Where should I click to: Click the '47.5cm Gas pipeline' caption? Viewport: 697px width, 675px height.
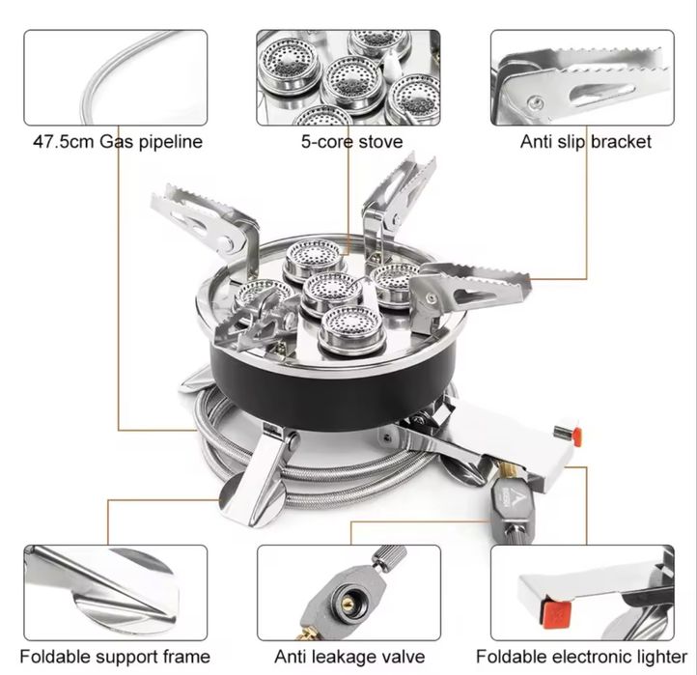[118, 142]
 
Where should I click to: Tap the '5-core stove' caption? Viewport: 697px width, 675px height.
[351, 142]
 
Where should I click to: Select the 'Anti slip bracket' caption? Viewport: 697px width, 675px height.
[585, 142]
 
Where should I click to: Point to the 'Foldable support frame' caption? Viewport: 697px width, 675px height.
[115, 657]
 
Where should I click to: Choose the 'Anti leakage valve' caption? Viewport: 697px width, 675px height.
[349, 657]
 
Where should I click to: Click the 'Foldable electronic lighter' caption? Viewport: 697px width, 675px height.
[581, 657]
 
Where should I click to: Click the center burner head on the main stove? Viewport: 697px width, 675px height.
[330, 294]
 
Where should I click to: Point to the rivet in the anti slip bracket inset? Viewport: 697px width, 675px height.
[535, 103]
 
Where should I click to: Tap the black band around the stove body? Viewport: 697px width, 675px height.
[333, 390]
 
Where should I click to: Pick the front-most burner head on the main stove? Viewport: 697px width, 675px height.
[351, 329]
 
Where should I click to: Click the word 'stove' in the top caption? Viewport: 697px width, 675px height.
[380, 142]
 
